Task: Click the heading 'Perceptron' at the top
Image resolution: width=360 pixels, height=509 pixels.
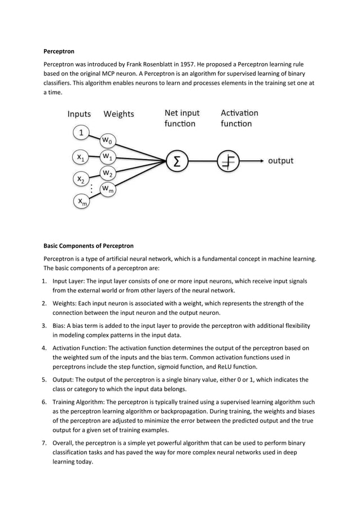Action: [59, 51]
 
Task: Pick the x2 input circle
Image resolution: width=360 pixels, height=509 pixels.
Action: [82, 179]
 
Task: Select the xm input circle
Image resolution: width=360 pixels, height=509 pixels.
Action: [82, 201]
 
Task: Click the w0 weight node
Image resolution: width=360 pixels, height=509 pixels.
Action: [107, 140]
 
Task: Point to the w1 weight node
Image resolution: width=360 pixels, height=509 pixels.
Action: [107, 155]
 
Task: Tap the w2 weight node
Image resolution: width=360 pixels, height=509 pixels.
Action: [107, 172]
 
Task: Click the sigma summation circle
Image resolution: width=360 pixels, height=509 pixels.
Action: [177, 161]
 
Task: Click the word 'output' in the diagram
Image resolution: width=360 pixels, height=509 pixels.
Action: [280, 161]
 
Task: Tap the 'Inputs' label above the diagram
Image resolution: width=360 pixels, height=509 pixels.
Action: [79, 114]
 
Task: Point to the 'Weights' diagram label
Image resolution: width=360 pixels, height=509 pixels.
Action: [118, 114]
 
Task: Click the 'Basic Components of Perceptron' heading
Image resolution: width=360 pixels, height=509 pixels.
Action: [89, 246]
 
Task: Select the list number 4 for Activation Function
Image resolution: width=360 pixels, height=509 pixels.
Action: [46, 348]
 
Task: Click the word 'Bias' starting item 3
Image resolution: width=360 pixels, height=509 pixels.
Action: [59, 326]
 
